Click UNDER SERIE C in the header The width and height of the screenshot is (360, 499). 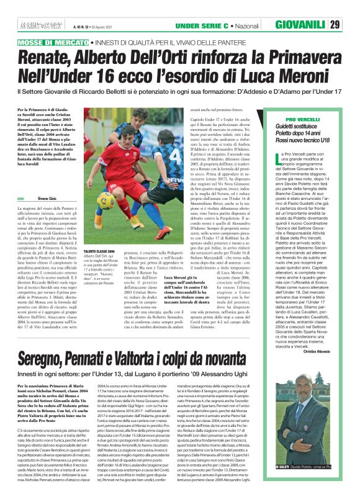tap(202, 25)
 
